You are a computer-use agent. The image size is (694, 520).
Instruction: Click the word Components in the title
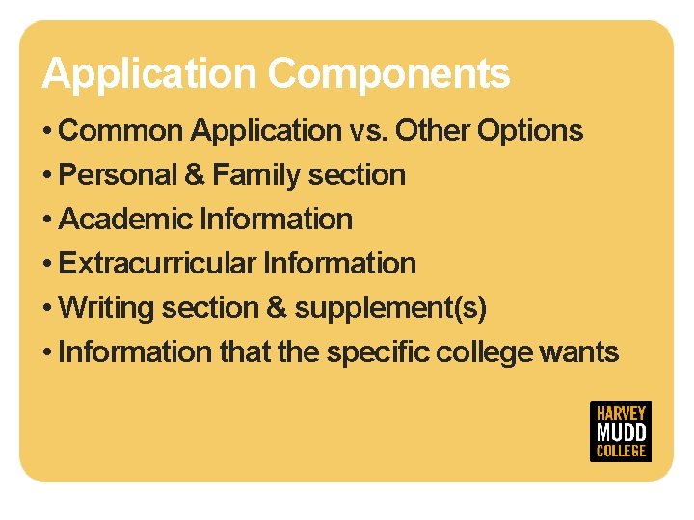[x=388, y=74]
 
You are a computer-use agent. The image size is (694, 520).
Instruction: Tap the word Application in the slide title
[x=149, y=74]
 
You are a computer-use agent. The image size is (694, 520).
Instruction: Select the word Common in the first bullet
[x=122, y=130]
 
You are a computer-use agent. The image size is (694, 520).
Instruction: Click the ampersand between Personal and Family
[x=195, y=175]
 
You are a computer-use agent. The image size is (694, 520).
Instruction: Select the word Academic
[x=125, y=220]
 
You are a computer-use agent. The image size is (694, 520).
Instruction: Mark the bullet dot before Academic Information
[x=47, y=221]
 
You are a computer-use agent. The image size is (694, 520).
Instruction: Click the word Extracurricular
[x=157, y=264]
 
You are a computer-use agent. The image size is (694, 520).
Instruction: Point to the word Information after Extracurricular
[x=339, y=264]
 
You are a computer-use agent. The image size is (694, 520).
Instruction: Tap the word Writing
[x=106, y=308]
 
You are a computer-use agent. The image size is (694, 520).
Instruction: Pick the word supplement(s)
[x=390, y=308]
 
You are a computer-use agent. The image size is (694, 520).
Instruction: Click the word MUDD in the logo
[x=621, y=431]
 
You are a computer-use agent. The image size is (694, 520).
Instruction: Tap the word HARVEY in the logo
[x=621, y=412]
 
